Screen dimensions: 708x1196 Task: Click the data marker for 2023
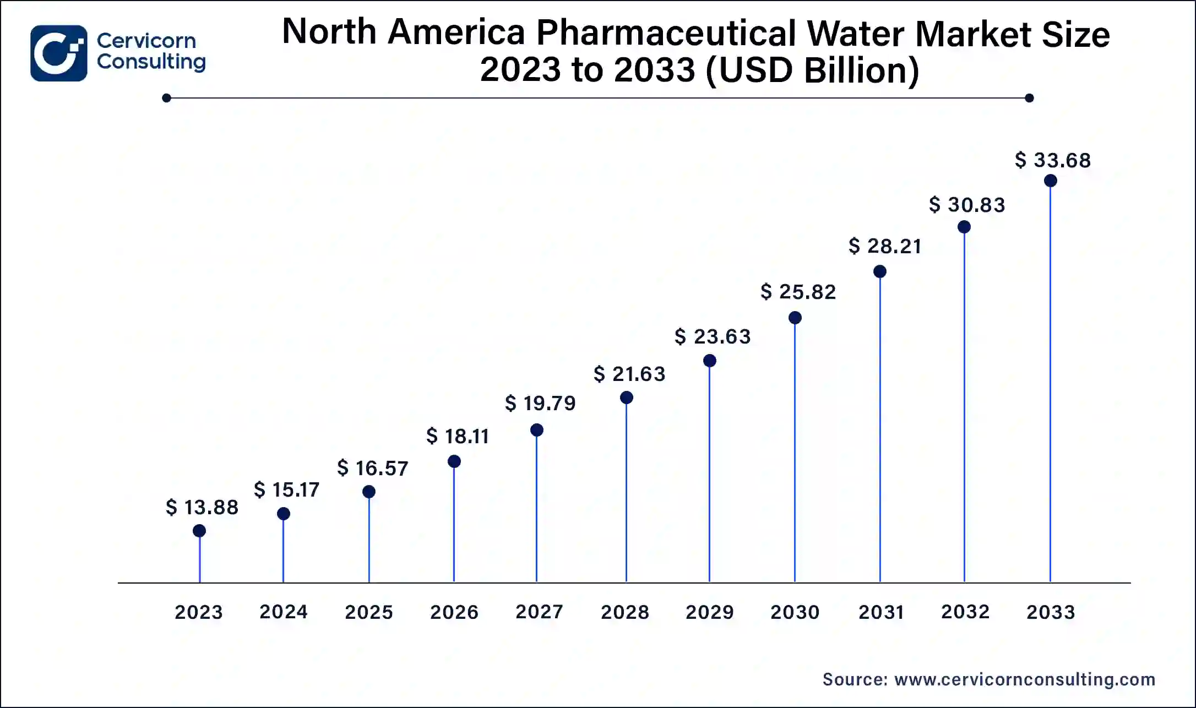pos(199,531)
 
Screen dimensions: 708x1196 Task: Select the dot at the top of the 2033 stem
pos(1050,181)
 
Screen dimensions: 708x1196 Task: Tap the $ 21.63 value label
pos(629,374)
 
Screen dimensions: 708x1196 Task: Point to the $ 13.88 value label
pos(202,507)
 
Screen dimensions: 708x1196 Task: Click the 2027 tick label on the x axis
pos(539,612)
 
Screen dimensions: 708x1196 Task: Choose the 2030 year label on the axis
pos(795,612)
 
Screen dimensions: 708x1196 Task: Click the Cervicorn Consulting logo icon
pos(59,53)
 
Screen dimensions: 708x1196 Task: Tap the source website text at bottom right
pos(989,679)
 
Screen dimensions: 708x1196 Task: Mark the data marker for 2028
pos(626,397)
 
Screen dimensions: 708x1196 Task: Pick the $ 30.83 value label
pos(967,205)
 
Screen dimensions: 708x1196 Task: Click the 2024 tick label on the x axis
pos(284,612)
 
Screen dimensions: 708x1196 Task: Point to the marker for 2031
pos(880,271)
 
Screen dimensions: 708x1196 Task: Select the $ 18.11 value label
pos(458,436)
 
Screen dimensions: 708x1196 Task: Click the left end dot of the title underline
pos(167,98)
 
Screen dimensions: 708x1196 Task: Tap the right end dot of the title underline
pos(1029,98)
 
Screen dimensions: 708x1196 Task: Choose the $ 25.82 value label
pos(798,292)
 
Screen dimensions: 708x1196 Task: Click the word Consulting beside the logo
pos(151,62)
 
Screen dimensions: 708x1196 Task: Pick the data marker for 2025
pos(369,492)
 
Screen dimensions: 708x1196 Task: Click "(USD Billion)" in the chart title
pos(812,70)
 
